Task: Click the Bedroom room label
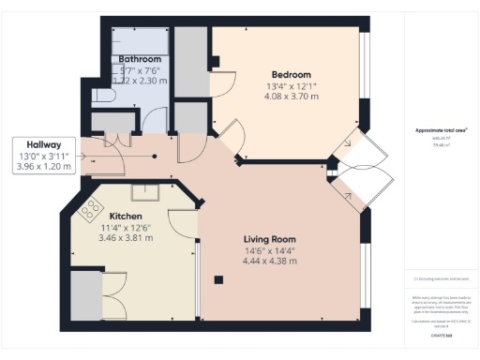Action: click(291, 74)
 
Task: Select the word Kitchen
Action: click(127, 216)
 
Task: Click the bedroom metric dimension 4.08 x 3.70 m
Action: click(291, 97)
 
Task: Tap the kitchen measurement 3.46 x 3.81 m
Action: click(127, 238)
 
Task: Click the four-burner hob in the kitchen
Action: click(92, 208)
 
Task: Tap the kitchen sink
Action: click(145, 193)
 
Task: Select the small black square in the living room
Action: click(217, 278)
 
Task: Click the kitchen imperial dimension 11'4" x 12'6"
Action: click(127, 227)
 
